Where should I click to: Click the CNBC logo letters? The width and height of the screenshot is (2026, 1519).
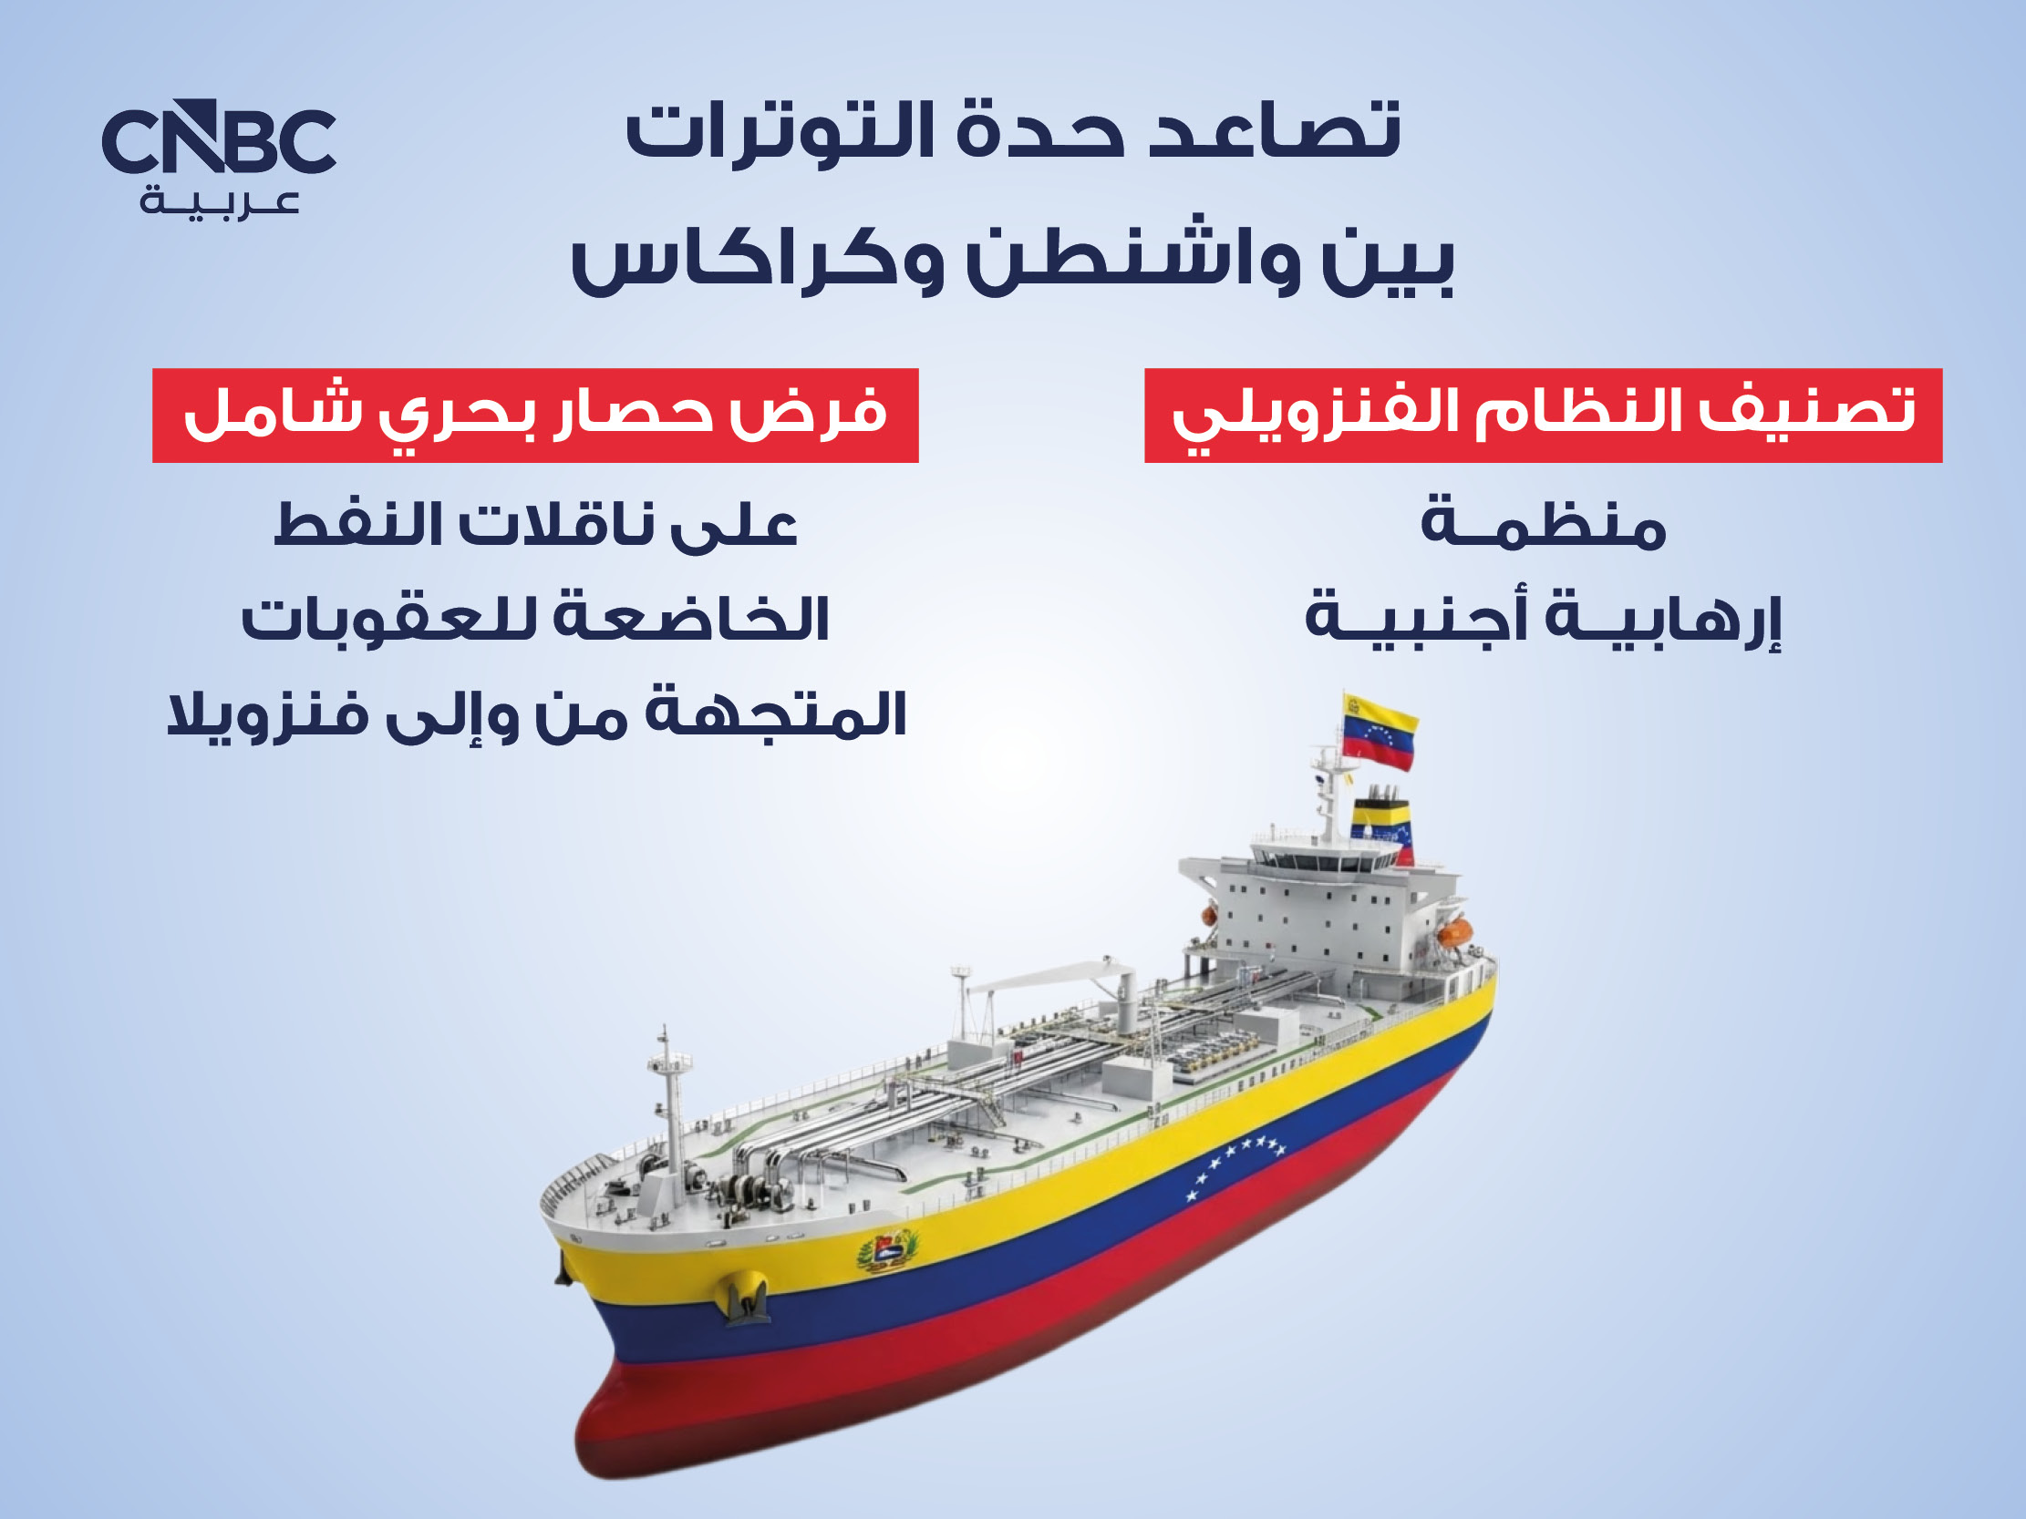219,137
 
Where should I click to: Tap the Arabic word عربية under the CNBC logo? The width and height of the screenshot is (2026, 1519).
220,202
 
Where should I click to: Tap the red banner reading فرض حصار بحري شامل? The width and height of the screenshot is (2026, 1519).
535,416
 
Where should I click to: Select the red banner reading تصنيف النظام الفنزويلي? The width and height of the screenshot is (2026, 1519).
1544,416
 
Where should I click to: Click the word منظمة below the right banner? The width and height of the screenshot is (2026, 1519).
1544,525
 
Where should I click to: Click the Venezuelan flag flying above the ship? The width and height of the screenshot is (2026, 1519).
1380,732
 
